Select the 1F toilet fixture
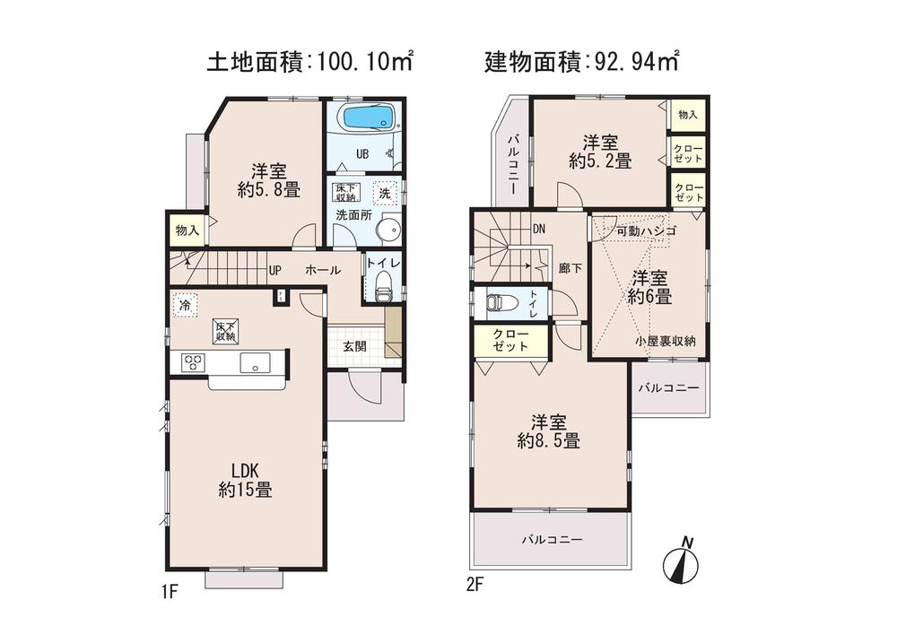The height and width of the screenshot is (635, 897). [383, 290]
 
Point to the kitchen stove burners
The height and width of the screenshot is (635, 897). [193, 362]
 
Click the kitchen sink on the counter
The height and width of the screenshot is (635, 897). [254, 362]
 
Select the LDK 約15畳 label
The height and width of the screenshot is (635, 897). [245, 480]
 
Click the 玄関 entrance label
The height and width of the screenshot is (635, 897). [353, 346]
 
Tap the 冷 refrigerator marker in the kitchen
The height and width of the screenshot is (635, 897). [184, 305]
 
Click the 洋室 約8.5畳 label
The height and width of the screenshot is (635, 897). [548, 431]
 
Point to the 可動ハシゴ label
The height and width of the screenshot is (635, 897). [646, 231]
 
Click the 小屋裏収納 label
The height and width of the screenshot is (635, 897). [666, 341]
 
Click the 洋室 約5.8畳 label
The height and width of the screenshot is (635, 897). [268, 179]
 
